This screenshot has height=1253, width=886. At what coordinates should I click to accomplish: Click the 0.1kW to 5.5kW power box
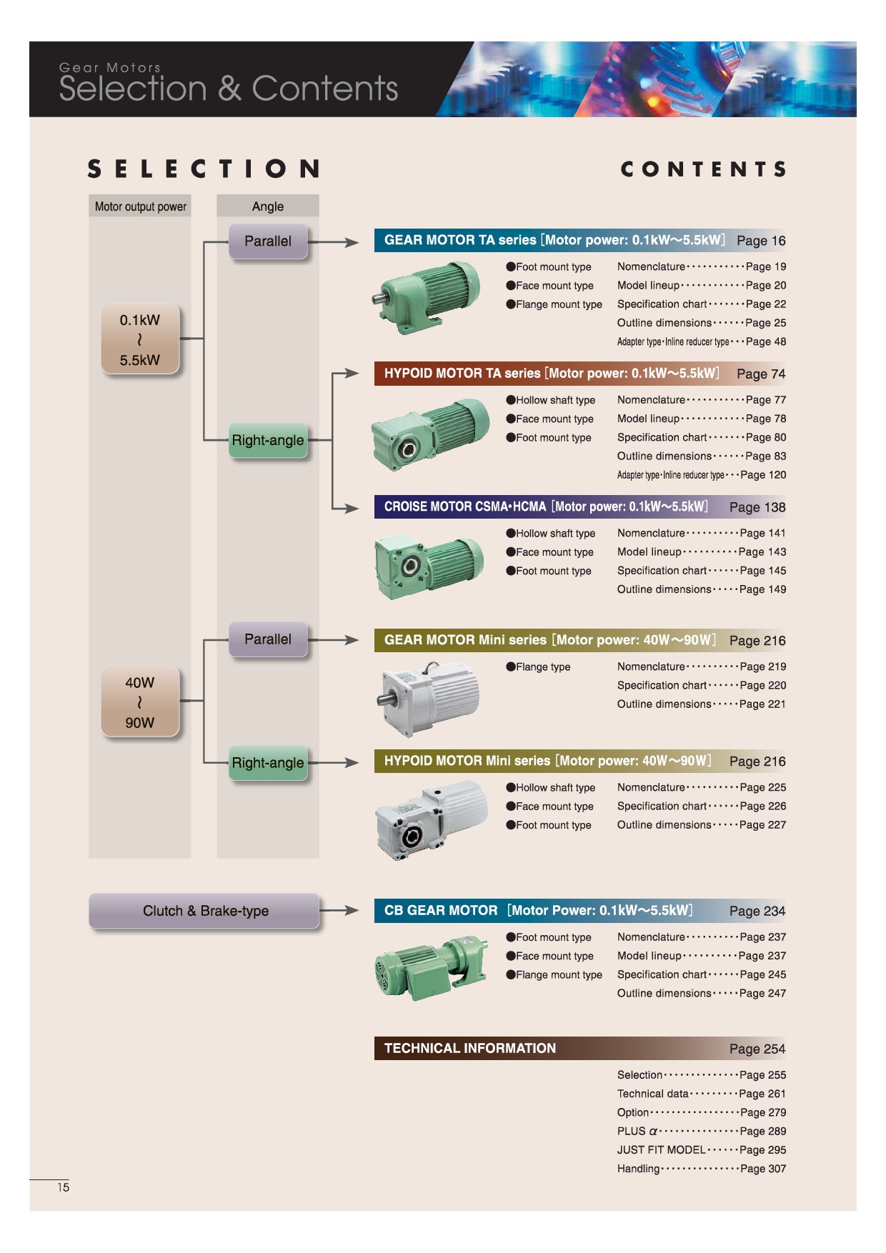click(x=140, y=339)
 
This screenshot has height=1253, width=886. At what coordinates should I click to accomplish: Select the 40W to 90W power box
click(x=140, y=702)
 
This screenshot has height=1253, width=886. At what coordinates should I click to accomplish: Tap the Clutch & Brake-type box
click(x=204, y=911)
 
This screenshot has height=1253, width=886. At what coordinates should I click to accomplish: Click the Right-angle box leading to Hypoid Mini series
click(x=268, y=763)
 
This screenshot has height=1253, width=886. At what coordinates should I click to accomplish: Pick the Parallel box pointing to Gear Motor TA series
click(x=268, y=241)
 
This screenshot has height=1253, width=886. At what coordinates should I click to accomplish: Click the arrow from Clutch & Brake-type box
click(x=339, y=911)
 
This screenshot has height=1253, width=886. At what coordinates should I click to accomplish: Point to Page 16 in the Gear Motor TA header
click(x=760, y=241)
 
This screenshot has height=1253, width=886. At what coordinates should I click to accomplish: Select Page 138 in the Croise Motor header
click(x=757, y=507)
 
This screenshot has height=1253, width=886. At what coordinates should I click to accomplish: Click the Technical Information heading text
click(x=469, y=1048)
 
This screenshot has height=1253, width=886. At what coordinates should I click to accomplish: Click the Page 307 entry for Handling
click(x=762, y=1169)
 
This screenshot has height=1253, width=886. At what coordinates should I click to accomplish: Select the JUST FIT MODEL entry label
click(x=661, y=1150)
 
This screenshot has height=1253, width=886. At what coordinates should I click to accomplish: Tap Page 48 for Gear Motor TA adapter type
click(x=765, y=342)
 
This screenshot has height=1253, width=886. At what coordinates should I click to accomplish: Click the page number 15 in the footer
click(x=64, y=1187)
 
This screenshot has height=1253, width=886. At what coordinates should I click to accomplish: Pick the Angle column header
click(x=268, y=206)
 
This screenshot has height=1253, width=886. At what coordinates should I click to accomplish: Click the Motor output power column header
click(x=140, y=206)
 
